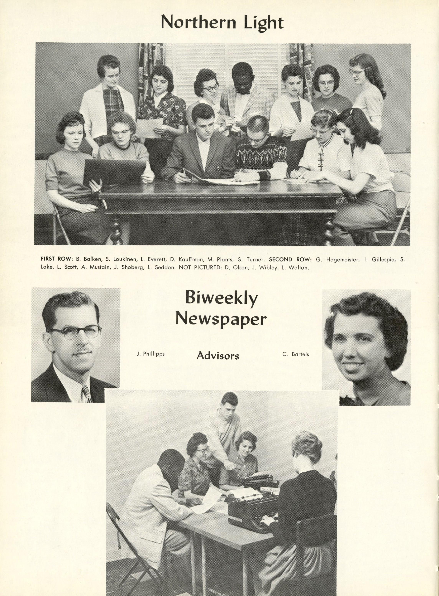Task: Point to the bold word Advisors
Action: pyautogui.click(x=218, y=355)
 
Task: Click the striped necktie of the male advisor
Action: pyautogui.click(x=86, y=393)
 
